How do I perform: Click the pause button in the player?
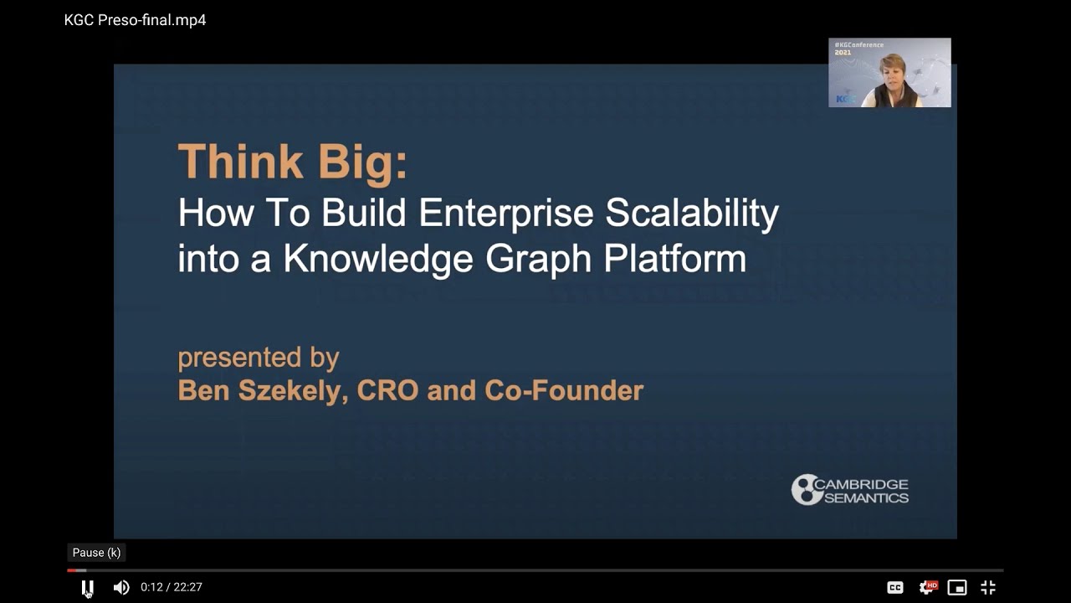(x=87, y=588)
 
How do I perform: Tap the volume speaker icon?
(x=121, y=588)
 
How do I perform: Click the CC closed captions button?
(x=895, y=588)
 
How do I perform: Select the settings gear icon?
(x=927, y=588)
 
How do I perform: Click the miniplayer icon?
(x=957, y=588)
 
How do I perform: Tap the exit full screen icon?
(x=988, y=588)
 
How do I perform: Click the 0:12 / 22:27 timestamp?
(x=172, y=588)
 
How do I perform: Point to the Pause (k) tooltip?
(x=96, y=553)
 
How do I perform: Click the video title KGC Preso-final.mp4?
(x=135, y=20)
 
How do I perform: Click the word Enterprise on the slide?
(x=506, y=214)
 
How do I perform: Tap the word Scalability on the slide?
(x=692, y=214)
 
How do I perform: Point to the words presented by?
(x=258, y=358)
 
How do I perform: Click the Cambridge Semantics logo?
(x=850, y=490)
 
